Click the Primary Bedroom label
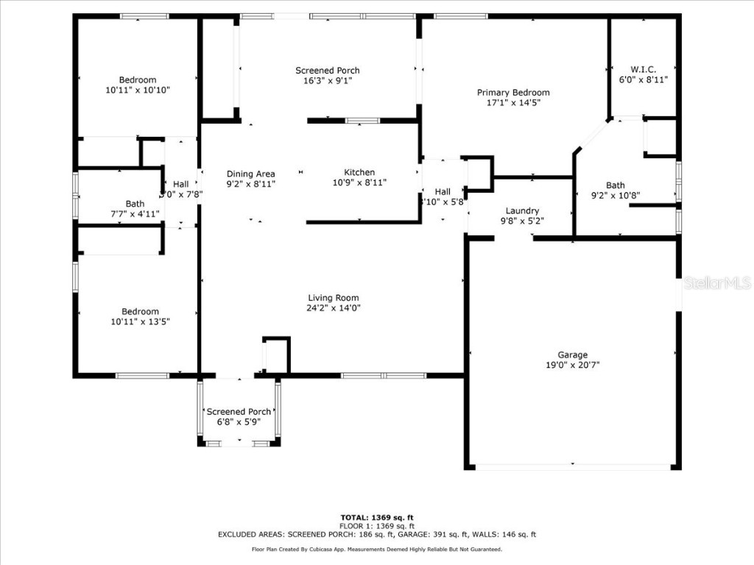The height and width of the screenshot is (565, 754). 513,93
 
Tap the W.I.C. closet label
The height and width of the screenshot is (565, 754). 643,70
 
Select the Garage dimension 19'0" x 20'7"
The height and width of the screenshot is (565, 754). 572,365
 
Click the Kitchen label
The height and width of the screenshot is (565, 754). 359,173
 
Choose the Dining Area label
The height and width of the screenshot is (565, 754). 250,174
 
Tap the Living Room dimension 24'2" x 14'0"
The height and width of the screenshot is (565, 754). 334,308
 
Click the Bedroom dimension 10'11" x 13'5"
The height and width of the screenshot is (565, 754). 138,321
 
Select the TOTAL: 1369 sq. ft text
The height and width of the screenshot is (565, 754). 376,517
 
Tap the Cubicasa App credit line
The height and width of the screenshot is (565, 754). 376,550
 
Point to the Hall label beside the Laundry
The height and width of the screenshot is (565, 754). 442,191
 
